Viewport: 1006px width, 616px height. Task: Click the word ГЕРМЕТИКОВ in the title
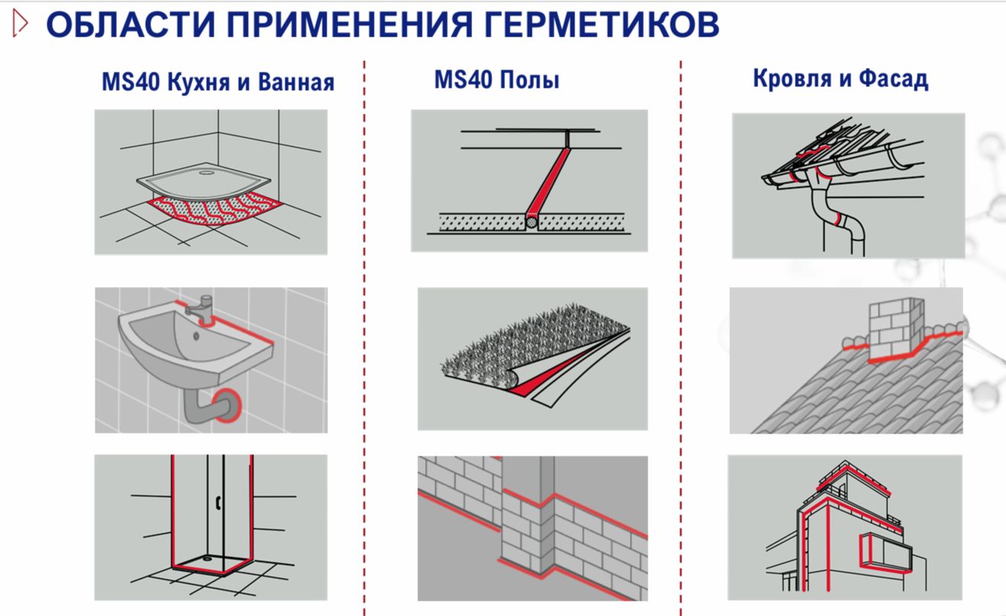(601, 24)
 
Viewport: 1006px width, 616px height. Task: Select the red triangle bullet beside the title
(20, 23)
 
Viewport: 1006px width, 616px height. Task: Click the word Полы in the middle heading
(529, 80)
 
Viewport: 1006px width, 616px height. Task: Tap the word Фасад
(894, 79)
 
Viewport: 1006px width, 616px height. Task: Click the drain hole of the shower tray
(207, 173)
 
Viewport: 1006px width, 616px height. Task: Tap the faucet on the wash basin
(201, 309)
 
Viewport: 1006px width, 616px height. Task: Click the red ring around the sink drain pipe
(229, 405)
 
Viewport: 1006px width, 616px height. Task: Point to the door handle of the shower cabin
(219, 503)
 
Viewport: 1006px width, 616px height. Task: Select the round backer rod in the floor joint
(532, 222)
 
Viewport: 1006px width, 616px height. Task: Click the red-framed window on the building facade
(885, 552)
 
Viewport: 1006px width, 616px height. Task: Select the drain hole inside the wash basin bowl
(196, 336)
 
